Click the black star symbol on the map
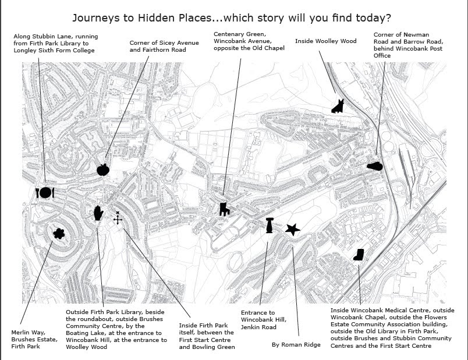click(x=293, y=230)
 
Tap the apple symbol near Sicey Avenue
click(x=103, y=169)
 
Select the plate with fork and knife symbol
click(x=45, y=193)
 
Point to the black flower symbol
click(x=58, y=234)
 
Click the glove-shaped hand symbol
click(x=98, y=212)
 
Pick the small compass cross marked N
click(x=118, y=218)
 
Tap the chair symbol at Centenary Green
click(x=223, y=209)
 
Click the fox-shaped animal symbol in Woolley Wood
click(x=338, y=105)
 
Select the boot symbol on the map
click(x=359, y=255)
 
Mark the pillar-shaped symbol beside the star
click(x=269, y=225)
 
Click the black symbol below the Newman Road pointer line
click(x=375, y=166)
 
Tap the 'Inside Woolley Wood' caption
click(x=325, y=41)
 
